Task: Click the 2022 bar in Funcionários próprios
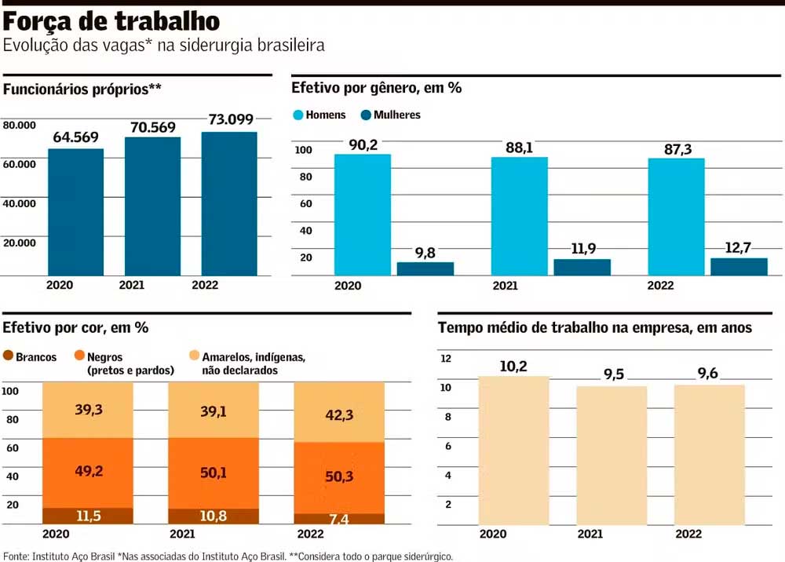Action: point(229,204)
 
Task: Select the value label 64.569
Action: point(75,137)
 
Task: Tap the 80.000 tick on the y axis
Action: point(20,125)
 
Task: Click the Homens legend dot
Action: point(298,115)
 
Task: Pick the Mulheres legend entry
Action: point(389,115)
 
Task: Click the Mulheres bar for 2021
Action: point(582,267)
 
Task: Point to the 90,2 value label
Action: point(362,144)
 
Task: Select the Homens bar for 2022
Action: point(676,217)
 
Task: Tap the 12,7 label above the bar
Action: point(739,248)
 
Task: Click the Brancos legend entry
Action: point(31,357)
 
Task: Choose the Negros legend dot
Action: point(78,357)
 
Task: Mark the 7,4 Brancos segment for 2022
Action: point(339,520)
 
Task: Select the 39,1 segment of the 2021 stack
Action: point(214,410)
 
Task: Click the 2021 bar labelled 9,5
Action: point(612,455)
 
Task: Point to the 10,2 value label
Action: point(514,366)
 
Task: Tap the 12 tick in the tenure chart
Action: point(447,359)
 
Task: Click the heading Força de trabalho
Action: point(111,20)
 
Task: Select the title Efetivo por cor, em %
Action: point(75,328)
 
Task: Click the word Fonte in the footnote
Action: point(16,556)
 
